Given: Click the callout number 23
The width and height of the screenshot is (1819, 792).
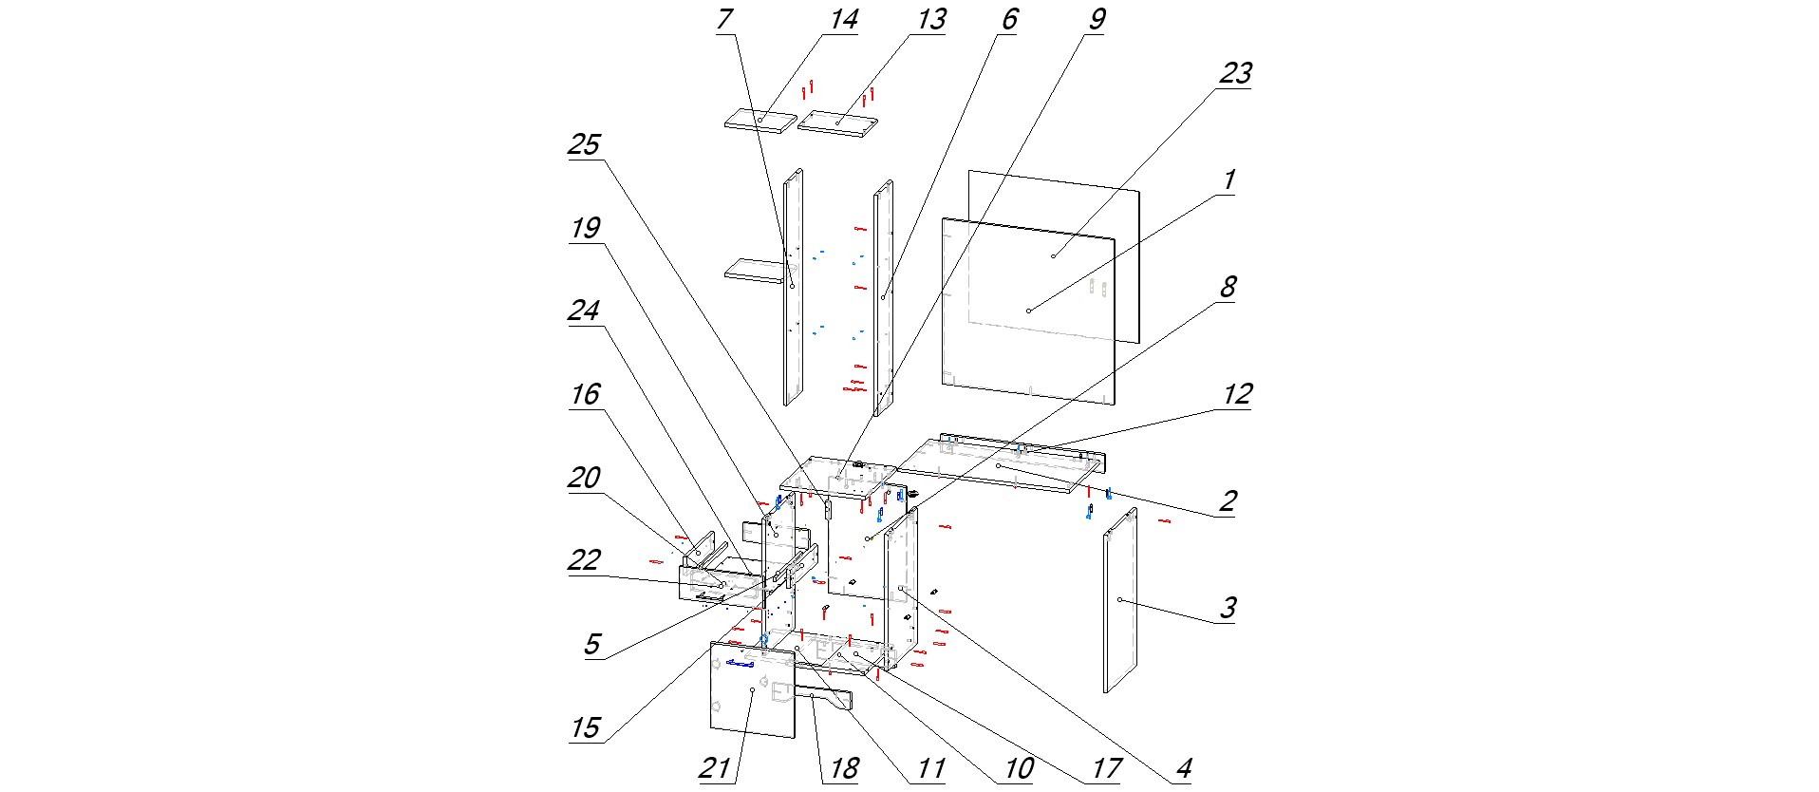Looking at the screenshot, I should pyautogui.click(x=1235, y=74).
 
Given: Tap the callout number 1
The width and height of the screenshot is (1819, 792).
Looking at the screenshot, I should pyautogui.click(x=1228, y=180).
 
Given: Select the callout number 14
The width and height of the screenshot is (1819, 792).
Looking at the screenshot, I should pyautogui.click(x=843, y=20).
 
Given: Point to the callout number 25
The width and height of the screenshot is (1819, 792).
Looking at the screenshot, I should pyautogui.click(x=584, y=145).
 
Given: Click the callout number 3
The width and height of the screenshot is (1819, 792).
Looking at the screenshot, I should pyautogui.click(x=1228, y=608).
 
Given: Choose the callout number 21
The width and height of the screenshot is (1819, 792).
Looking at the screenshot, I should pyautogui.click(x=714, y=768).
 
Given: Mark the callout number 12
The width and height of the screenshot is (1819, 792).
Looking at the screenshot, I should pyautogui.click(x=1237, y=395).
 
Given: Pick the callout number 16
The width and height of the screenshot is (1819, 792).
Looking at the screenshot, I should pyautogui.click(x=585, y=395).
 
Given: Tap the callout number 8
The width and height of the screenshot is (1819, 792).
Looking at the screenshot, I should pyautogui.click(x=1228, y=288).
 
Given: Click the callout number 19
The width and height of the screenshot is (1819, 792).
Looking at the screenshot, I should pyautogui.click(x=585, y=229).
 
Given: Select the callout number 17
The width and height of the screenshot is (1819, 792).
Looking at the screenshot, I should pyautogui.click(x=1106, y=768).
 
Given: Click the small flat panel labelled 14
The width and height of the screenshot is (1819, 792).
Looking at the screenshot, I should pyautogui.click(x=759, y=122).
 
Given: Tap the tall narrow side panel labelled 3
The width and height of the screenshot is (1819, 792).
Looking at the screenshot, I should pyautogui.click(x=1120, y=600).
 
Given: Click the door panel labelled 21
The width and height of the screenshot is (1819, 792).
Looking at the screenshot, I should pyautogui.click(x=752, y=690).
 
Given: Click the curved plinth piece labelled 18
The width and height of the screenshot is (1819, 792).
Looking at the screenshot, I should pyautogui.click(x=826, y=699).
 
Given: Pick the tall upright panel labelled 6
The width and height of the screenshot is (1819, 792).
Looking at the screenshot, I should pyautogui.click(x=883, y=297).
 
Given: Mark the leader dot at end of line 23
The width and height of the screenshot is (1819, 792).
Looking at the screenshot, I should pyautogui.click(x=1053, y=256).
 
